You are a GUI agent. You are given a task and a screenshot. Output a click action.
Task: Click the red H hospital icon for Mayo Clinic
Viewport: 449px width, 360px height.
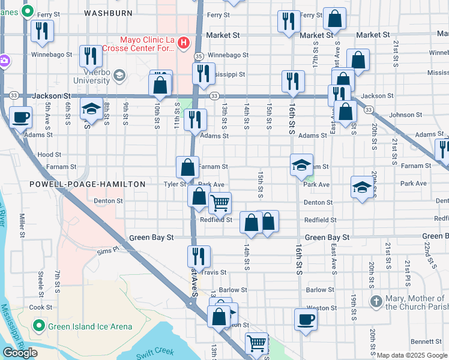point(184,43)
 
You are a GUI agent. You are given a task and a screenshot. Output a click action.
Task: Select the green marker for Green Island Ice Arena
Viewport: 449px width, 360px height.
point(40,326)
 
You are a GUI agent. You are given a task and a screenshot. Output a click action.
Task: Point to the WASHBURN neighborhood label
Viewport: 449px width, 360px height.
point(107,12)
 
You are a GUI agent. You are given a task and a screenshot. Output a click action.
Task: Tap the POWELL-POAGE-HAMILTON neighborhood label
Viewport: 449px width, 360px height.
point(88,184)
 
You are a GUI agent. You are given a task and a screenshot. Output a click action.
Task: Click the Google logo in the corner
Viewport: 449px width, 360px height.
point(20,353)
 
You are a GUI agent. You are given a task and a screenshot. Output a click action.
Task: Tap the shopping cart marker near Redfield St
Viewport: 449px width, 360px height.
point(220,203)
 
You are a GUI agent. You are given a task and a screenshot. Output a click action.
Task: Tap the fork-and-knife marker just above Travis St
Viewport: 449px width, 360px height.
point(199,256)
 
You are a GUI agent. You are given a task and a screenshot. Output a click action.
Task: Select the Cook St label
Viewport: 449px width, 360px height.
point(41,307)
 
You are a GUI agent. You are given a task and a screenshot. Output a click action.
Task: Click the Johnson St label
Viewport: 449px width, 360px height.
point(401,115)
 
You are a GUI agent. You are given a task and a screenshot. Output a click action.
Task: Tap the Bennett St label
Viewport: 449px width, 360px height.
point(410,341)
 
